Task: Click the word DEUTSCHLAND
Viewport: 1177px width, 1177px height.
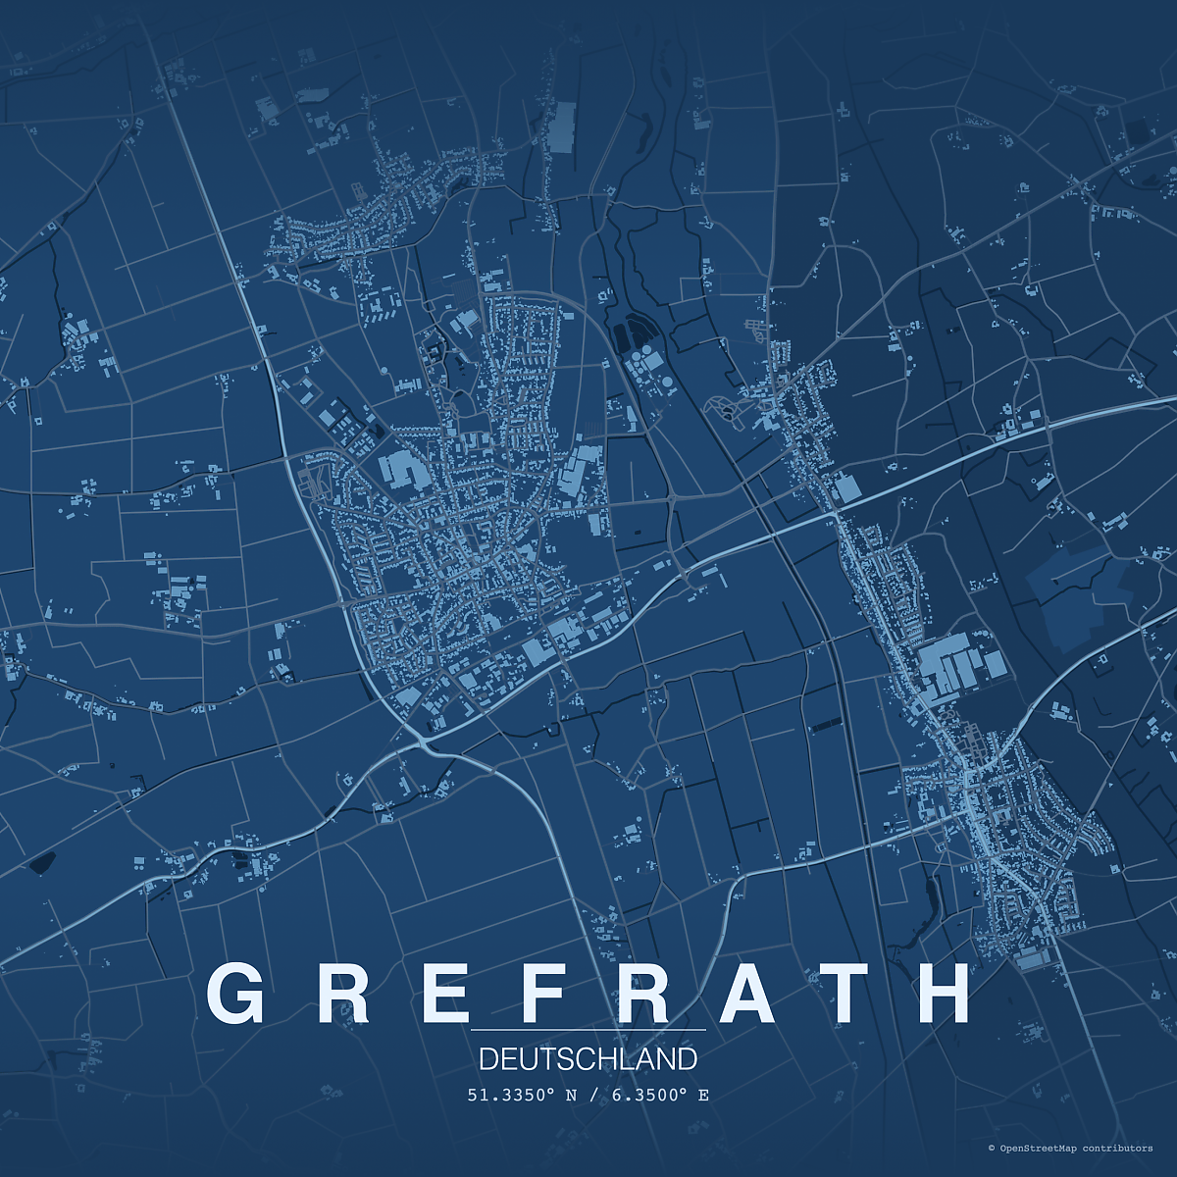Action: pos(588,1059)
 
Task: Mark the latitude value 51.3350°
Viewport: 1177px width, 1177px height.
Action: pos(512,1095)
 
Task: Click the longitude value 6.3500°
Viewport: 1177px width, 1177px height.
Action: pos(650,1095)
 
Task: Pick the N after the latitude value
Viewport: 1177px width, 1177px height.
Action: pos(572,1095)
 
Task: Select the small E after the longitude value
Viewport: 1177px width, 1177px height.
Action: pos(703,1095)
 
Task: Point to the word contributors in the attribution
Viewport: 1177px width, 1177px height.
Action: pos(1118,1148)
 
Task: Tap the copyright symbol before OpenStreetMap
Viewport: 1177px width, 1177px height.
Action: pos(992,1148)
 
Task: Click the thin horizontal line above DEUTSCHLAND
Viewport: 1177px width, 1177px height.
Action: pos(588,1031)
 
